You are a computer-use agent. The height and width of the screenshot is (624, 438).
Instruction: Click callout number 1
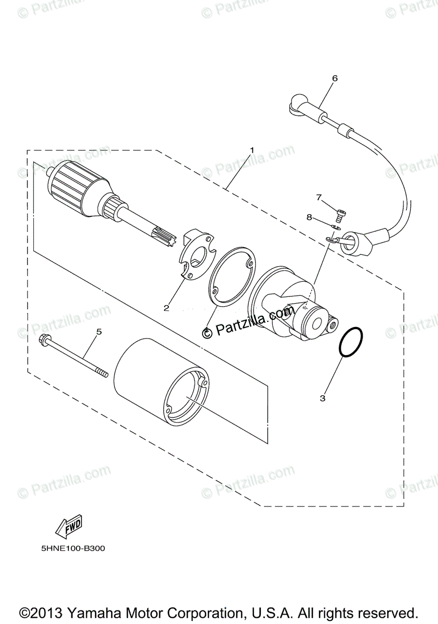(x=251, y=150)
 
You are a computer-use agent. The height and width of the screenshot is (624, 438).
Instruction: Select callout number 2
(x=166, y=308)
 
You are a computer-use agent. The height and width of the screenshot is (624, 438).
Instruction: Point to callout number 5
(x=98, y=331)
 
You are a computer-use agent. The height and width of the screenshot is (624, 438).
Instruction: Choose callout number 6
(x=335, y=79)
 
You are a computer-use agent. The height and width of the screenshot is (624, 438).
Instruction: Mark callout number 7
(x=320, y=197)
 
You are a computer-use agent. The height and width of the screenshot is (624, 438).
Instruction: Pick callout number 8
(x=310, y=217)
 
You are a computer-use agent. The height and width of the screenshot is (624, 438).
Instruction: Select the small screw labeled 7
(x=341, y=212)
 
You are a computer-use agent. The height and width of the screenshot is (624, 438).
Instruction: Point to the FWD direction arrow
(x=68, y=527)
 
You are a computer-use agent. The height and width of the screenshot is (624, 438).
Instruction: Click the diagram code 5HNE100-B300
(x=70, y=548)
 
